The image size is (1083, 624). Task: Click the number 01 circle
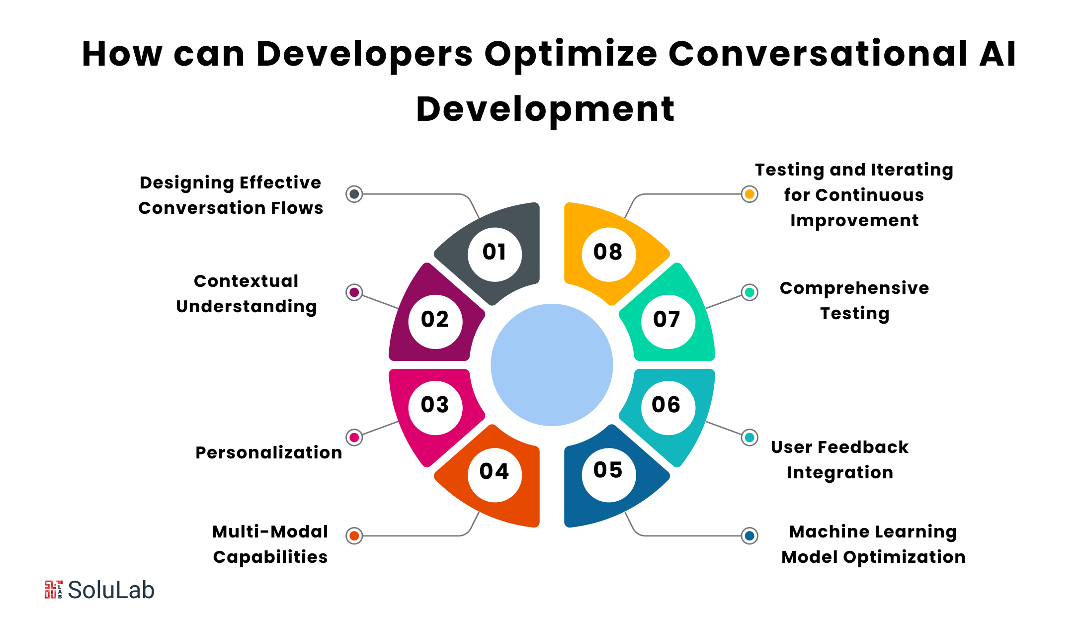[x=495, y=254]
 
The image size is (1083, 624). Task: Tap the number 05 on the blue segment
[x=608, y=470]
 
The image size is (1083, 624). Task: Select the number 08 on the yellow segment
[x=608, y=252]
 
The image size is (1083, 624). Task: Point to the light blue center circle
[x=552, y=365]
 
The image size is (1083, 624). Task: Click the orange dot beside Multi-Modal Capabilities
[x=354, y=536]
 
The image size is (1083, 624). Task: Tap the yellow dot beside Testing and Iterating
[x=750, y=194]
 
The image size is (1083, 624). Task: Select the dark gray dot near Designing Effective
[x=354, y=194]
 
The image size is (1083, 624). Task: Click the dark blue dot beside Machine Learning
[x=750, y=536]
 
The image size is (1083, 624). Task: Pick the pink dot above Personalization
[x=354, y=438]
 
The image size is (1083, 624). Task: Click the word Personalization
[x=269, y=452]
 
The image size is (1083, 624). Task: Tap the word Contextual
[x=246, y=281]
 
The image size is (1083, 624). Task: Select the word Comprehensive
[x=854, y=289]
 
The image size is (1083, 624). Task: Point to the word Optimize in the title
[x=571, y=55]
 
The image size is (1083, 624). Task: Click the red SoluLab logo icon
[x=54, y=590]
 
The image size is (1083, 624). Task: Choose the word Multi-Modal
[x=270, y=532]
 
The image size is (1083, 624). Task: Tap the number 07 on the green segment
[x=666, y=319]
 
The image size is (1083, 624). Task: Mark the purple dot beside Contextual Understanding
[x=354, y=292]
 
